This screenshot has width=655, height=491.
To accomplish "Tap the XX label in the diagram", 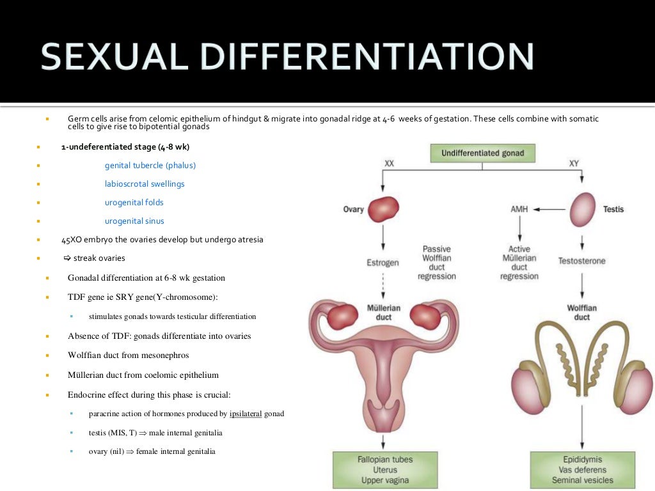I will [389, 164].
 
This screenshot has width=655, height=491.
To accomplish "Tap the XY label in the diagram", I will [574, 164].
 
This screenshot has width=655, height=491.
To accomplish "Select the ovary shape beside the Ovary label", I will [383, 209].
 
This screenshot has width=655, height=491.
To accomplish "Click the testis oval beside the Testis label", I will [582, 209].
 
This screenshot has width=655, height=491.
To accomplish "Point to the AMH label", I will [519, 209].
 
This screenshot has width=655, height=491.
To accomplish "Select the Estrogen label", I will [383, 262].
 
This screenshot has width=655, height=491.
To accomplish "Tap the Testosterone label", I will [581, 261].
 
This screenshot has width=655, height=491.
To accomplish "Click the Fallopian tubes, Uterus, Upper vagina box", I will [384, 470].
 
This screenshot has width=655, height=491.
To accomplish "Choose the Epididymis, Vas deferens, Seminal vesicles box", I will [582, 470].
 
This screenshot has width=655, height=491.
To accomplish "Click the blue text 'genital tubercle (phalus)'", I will [150, 166].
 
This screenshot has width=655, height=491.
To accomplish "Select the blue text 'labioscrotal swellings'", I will [145, 184].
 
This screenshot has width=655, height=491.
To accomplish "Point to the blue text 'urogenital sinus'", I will [134, 221].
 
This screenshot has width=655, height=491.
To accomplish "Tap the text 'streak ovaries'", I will [99, 258].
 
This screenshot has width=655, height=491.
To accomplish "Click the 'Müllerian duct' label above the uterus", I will [383, 312].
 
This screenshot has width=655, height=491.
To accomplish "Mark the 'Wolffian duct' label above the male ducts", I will [581, 312].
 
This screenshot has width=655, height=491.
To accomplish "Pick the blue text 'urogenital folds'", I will [134, 203].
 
